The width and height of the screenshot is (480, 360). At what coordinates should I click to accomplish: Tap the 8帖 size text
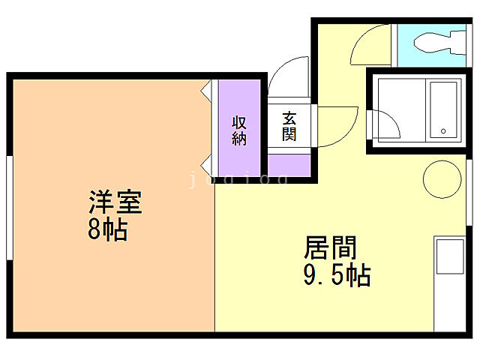click(x=107, y=229)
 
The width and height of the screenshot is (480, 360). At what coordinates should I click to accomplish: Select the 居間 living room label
click(x=331, y=248)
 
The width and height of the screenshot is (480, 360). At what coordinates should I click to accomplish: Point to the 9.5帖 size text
click(x=336, y=275)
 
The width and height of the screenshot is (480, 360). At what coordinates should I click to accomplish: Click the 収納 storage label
click(x=239, y=129)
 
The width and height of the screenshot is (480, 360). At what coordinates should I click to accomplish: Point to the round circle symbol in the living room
click(x=441, y=179)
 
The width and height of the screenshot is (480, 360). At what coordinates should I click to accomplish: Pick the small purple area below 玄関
click(x=289, y=164)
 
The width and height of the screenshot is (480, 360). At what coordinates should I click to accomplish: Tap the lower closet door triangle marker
click(x=205, y=165)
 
